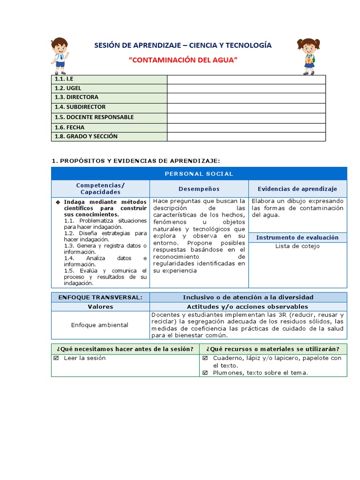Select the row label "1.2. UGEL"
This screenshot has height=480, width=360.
[x=68, y=88]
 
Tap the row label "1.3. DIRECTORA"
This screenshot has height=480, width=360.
[x=76, y=97]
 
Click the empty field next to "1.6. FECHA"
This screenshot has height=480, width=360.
[x=246, y=127]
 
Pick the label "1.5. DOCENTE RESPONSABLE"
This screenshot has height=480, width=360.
[x=94, y=117]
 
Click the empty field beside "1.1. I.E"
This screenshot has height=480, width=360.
[x=246, y=79]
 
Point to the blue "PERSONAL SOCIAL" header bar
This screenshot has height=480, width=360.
[x=199, y=174]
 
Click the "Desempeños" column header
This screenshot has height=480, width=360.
[x=199, y=189]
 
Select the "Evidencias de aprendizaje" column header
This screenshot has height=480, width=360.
[x=297, y=189]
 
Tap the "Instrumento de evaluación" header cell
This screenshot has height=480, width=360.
[x=297, y=238]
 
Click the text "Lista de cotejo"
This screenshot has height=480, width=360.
[x=297, y=246]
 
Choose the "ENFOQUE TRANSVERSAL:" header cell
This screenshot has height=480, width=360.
[x=100, y=297]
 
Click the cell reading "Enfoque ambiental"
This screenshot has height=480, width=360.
[x=100, y=325]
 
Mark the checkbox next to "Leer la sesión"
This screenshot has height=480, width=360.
[x=56, y=358]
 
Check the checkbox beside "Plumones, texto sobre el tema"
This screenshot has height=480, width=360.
[x=205, y=373]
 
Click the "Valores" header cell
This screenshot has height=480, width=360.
[x=100, y=307]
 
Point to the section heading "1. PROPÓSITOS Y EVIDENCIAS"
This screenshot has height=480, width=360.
[x=135, y=161]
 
